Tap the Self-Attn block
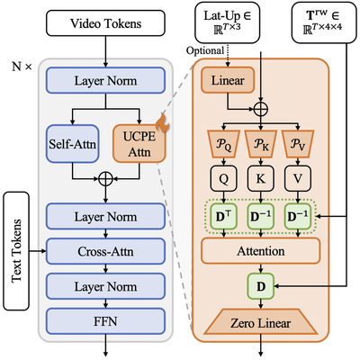[69, 144]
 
